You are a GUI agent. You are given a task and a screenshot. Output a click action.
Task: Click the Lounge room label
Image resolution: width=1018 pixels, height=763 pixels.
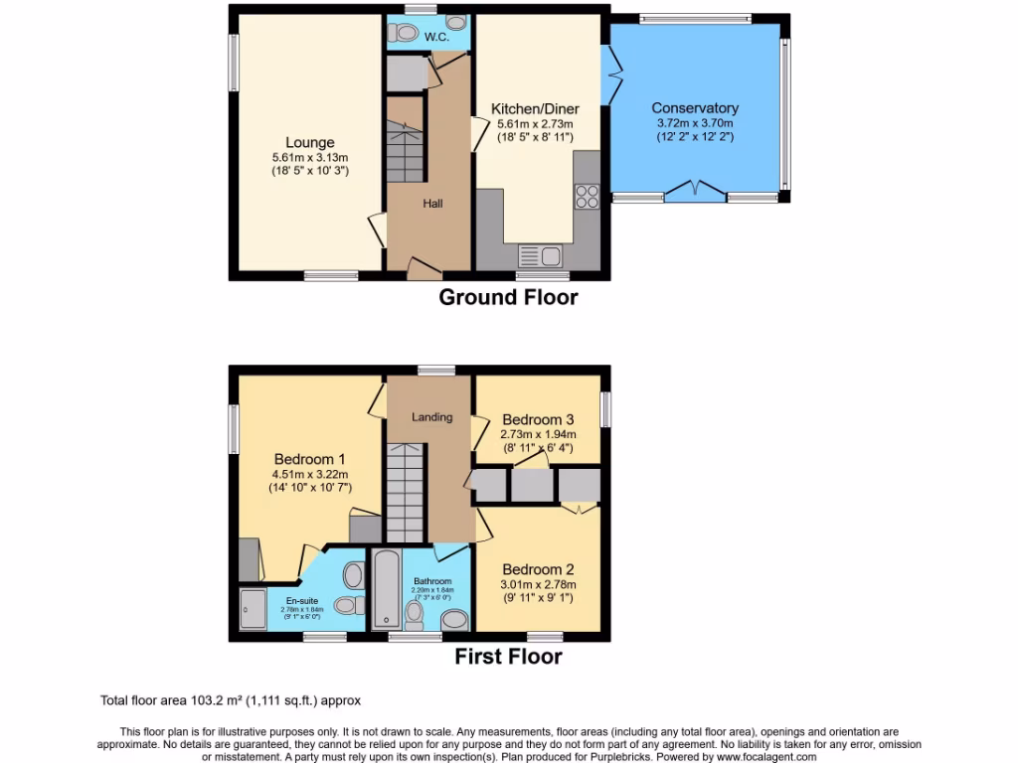tap(310, 143)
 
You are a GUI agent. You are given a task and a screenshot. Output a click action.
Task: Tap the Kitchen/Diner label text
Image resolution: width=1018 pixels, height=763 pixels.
tap(535, 109)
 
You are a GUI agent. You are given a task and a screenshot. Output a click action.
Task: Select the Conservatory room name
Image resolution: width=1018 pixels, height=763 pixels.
tap(695, 108)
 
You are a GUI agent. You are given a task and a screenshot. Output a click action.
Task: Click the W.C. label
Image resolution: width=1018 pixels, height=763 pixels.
tap(435, 38)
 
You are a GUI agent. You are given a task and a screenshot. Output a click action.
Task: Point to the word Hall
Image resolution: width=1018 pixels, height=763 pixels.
tap(432, 204)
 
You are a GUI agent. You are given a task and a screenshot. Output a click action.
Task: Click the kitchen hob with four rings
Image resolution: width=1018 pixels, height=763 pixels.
tap(587, 196)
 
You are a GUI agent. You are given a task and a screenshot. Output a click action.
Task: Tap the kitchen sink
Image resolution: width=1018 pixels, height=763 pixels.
tap(542, 256)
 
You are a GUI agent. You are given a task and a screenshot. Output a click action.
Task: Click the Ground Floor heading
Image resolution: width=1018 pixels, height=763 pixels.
tap(508, 297)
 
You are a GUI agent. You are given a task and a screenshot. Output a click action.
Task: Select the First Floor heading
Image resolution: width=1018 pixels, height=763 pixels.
tap(508, 657)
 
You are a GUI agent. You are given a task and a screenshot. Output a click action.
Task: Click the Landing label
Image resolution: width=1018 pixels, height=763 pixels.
tap(432, 417)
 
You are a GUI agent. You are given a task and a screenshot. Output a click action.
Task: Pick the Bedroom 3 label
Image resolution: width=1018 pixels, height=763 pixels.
tap(538, 420)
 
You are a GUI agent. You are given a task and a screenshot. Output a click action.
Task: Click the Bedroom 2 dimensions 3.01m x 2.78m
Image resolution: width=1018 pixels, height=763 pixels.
tap(538, 585)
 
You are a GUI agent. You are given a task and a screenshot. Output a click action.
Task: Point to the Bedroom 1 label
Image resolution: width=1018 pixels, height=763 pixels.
tap(309, 460)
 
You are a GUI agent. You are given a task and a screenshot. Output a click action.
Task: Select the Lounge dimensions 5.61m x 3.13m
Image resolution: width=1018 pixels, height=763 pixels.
tap(310, 158)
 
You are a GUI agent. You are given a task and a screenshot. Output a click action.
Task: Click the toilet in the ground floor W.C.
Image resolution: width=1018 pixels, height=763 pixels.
tap(456, 21)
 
